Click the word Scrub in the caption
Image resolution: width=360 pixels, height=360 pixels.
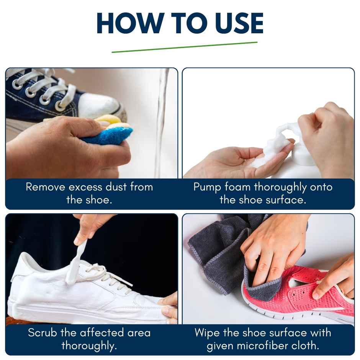[43, 332]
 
